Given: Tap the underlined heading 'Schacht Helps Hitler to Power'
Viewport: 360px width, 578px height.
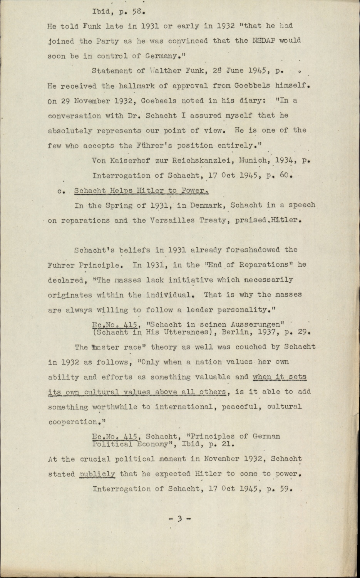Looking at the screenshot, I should pyautogui.click(x=142, y=190).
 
